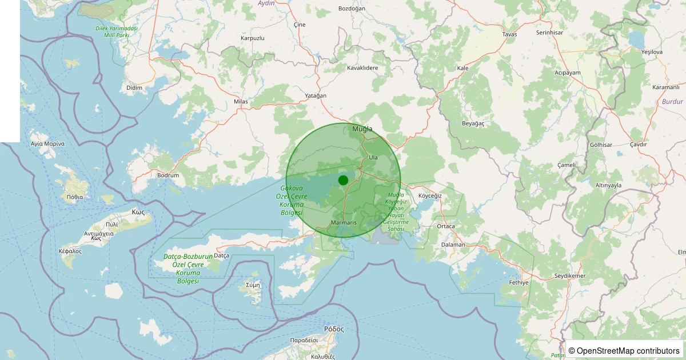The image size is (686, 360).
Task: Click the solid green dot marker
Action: pyautogui.click(x=343, y=180)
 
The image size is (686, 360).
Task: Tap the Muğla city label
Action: pyautogui.click(x=362, y=129)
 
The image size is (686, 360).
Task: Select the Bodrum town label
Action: pyautogui.click(x=168, y=175)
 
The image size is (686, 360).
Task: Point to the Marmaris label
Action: pyautogui.click(x=344, y=222)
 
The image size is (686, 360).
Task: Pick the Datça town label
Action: pyautogui.click(x=221, y=255)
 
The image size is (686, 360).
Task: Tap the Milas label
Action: pyautogui.click(x=241, y=102)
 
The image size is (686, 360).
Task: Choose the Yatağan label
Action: pyautogui.click(x=316, y=95)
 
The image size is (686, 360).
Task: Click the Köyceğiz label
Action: pyautogui.click(x=430, y=195)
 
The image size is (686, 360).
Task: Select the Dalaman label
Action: pyautogui.click(x=453, y=245)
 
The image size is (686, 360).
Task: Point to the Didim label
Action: pyautogui.click(x=134, y=87)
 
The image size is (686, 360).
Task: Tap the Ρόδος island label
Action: pyautogui.click(x=334, y=329)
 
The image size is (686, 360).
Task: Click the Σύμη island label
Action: pyautogui.click(x=253, y=284)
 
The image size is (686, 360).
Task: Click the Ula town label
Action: pyautogui.click(x=373, y=157)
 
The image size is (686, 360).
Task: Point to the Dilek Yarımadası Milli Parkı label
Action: pyautogui.click(x=117, y=31)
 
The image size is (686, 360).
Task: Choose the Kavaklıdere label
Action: pyautogui.click(x=362, y=68)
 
